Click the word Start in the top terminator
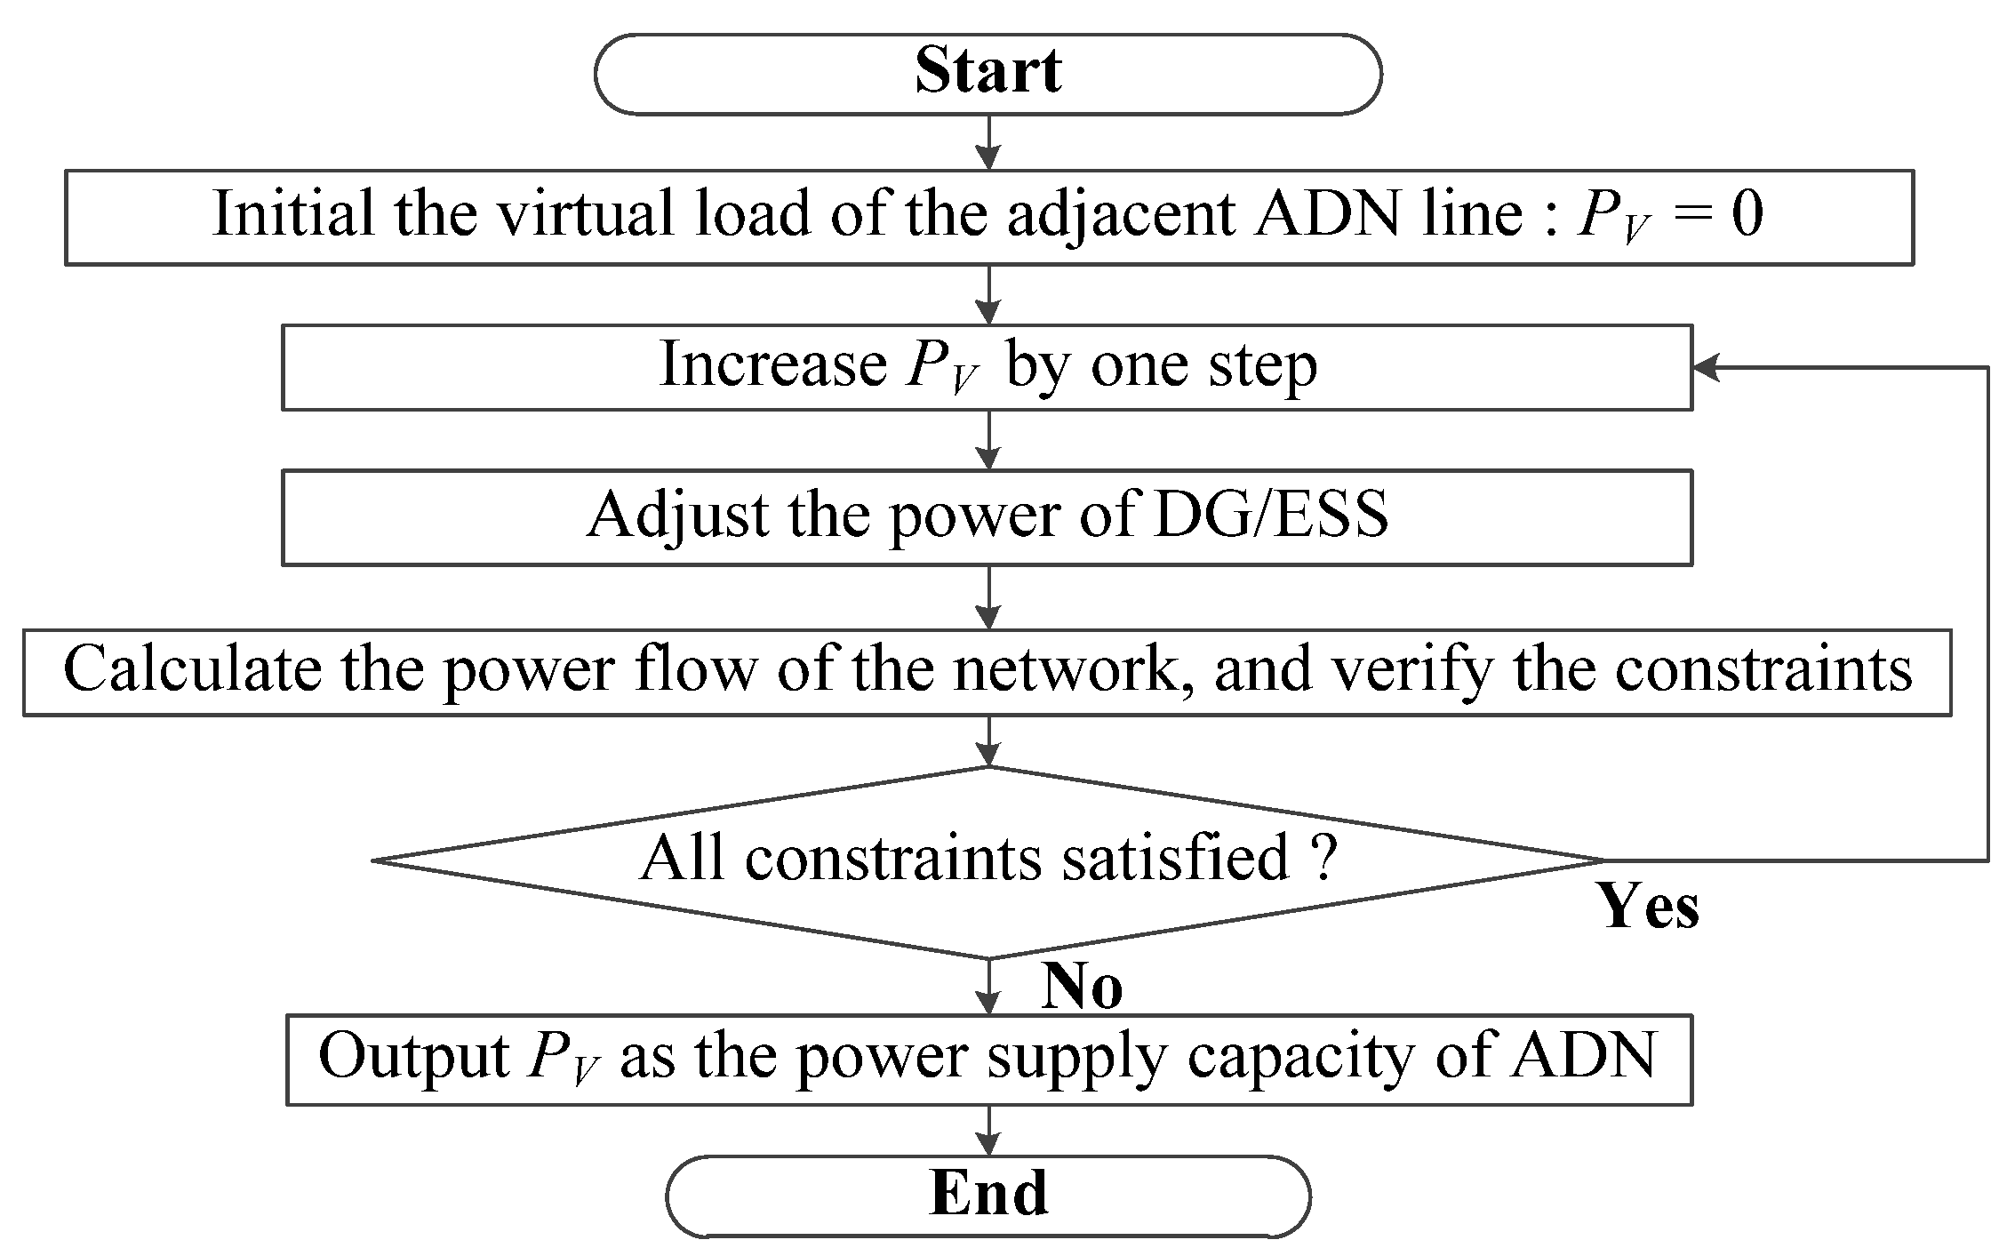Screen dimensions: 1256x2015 pyautogui.click(x=988, y=72)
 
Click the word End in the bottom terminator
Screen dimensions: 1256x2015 pyautogui.click(x=988, y=1194)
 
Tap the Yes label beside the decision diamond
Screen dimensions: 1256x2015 pyautogui.click(x=1650, y=907)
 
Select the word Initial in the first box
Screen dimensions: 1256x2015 pyautogui.click(x=292, y=214)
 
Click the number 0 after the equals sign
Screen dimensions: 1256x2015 pyautogui.click(x=1747, y=214)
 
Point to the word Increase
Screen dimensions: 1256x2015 pyautogui.click(x=772, y=365)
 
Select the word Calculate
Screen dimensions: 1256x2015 pyautogui.click(x=192, y=668)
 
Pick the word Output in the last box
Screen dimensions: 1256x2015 pyautogui.click(x=412, y=1057)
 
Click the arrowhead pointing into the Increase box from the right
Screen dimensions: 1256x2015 pyautogui.click(x=1706, y=368)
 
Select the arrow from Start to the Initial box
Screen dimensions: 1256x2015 pyautogui.click(x=988, y=143)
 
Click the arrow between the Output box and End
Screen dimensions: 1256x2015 pyautogui.click(x=988, y=1131)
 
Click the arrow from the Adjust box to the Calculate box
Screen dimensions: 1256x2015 pyautogui.click(x=988, y=597)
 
